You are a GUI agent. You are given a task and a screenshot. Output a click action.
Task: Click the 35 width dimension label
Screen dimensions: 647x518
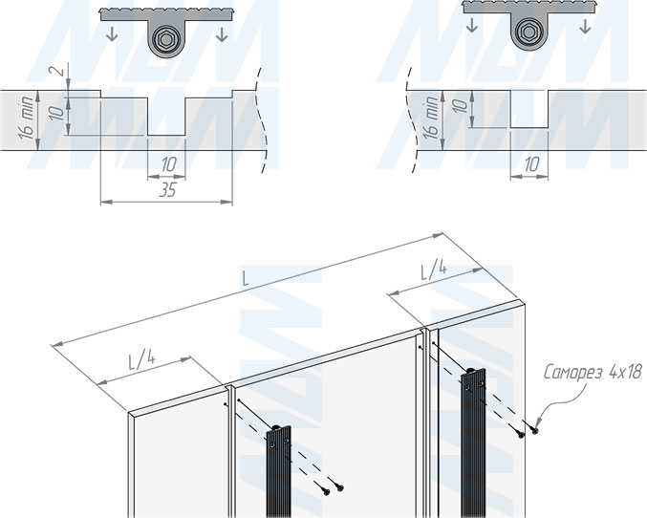coord(167,191)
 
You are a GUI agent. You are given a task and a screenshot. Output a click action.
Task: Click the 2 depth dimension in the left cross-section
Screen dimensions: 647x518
coord(60,70)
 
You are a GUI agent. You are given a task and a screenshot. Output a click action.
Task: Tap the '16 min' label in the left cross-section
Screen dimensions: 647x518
coord(27,119)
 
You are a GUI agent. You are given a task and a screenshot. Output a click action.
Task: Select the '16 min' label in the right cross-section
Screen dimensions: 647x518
coord(431,119)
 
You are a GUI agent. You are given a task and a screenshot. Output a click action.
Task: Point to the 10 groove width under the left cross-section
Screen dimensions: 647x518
coord(169,164)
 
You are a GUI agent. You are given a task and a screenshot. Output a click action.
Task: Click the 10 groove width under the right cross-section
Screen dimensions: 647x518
coord(531,164)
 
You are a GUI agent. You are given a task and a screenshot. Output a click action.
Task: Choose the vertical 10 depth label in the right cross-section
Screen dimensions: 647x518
coord(462,106)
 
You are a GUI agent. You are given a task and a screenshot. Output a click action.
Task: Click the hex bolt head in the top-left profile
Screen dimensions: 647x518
coord(165,40)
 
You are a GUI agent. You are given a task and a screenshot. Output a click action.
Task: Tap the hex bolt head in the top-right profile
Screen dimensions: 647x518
coord(528,32)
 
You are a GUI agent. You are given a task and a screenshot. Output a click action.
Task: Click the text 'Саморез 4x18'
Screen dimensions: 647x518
coord(593,373)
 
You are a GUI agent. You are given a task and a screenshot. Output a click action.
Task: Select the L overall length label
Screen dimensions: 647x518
coord(246,280)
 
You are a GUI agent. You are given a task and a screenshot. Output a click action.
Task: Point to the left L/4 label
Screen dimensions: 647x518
coord(141,359)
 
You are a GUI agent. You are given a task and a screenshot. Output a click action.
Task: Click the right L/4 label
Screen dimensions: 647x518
coord(434,271)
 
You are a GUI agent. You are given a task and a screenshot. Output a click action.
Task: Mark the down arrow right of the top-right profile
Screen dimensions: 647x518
coord(585,26)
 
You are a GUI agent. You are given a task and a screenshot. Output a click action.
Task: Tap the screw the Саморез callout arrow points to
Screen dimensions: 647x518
coord(535,430)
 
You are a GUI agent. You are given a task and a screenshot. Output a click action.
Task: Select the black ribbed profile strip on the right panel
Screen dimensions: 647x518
coord(473,442)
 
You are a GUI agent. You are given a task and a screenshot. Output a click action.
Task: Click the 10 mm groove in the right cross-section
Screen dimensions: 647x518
coord(529,109)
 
